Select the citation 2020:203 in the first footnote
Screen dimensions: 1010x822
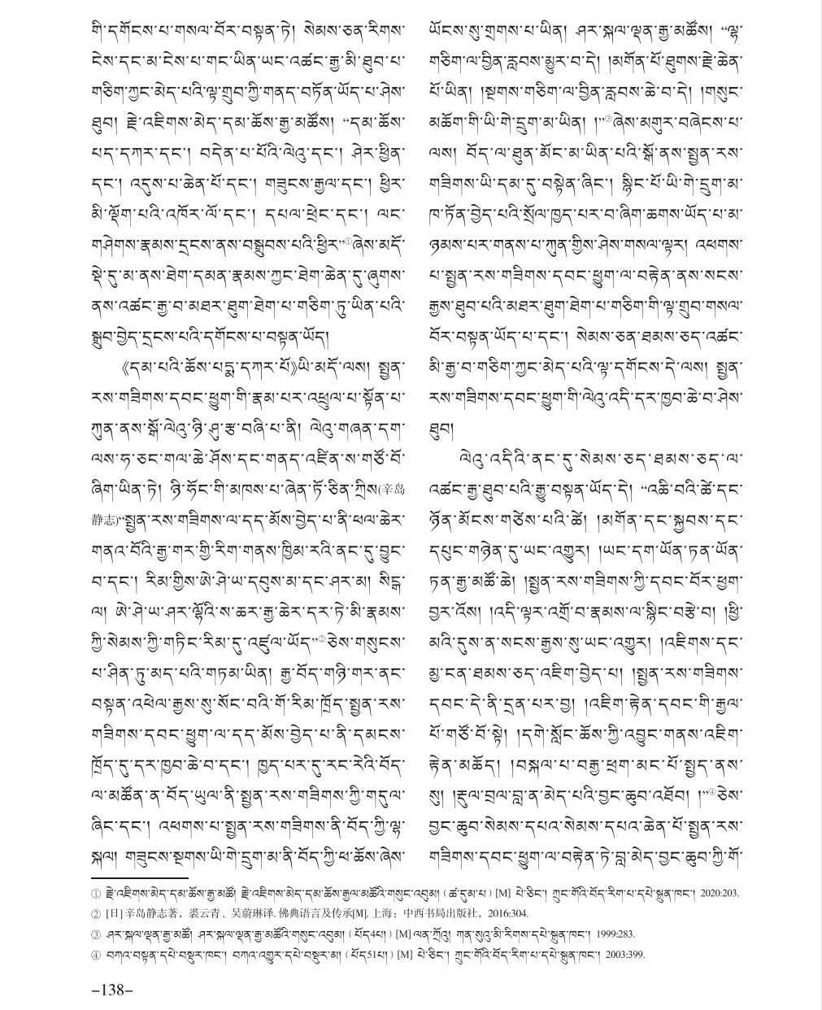(720, 893)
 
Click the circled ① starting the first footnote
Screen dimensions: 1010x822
(95, 893)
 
